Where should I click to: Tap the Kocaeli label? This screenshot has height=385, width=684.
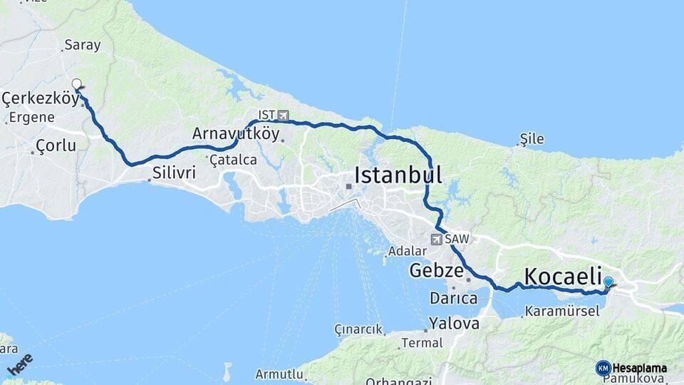[563, 276]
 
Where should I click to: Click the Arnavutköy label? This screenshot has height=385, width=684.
[236, 134]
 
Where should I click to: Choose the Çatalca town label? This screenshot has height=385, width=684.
[233, 160]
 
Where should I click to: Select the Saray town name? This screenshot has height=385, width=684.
[82, 45]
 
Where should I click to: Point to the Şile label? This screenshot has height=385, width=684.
[532, 138]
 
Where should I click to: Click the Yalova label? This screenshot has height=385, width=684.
[454, 324]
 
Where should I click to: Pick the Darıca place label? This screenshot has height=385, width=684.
[453, 297]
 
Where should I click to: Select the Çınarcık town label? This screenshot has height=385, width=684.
[359, 329]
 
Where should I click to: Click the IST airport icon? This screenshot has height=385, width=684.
[284, 115]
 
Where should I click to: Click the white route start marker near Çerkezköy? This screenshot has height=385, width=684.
[76, 84]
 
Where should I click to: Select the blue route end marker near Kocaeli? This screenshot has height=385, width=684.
[608, 283]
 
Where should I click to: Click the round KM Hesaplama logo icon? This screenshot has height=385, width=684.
[603, 368]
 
